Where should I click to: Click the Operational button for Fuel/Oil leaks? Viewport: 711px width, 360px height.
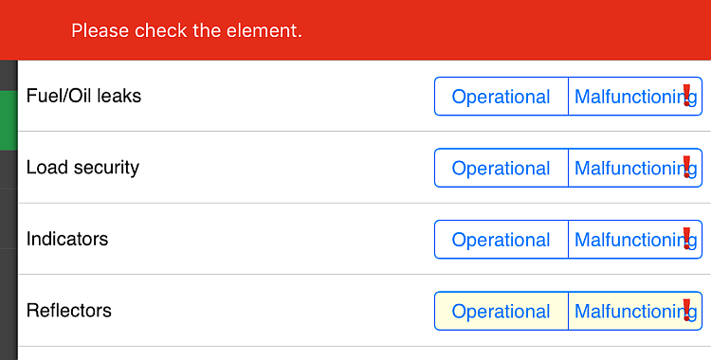click(501, 97)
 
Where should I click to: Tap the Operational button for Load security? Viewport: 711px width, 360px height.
click(501, 169)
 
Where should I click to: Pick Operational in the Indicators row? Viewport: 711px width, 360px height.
click(501, 240)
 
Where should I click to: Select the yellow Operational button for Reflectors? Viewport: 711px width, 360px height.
click(501, 312)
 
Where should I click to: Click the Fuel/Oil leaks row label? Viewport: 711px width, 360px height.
click(83, 97)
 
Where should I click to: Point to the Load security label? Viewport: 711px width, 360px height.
click(82, 168)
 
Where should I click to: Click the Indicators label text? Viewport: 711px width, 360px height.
click(67, 239)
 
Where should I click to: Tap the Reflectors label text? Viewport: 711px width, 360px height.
click(69, 311)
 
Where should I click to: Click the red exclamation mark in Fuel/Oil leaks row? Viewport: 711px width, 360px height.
click(686, 95)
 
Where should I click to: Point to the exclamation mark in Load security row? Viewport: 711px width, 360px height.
click(686, 167)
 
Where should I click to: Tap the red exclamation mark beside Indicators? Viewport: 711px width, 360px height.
click(686, 238)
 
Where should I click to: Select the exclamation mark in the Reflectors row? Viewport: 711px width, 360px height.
click(686, 310)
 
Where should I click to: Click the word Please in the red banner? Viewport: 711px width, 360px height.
click(100, 31)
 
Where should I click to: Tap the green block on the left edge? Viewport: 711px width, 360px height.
click(8, 120)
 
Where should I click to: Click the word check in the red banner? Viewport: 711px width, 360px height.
click(161, 31)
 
